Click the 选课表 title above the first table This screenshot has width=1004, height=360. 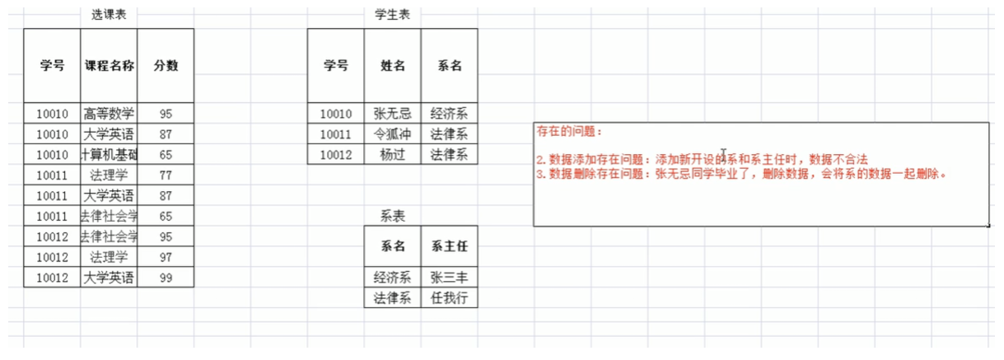108,15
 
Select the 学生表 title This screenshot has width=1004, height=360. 392,15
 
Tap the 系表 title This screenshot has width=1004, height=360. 392,216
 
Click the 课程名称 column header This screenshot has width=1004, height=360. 109,66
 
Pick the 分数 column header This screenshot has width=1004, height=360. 166,66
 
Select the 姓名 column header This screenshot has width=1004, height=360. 392,66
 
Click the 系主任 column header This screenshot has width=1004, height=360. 449,246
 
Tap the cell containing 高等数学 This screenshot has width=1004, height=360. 109,114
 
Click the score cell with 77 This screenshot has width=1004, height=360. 166,175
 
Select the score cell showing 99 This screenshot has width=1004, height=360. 166,278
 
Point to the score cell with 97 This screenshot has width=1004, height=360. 166,257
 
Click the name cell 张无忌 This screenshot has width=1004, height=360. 392,114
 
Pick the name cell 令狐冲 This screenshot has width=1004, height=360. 392,134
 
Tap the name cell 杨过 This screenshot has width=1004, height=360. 392,154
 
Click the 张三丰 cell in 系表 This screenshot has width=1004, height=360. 449,278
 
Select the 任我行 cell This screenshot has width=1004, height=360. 449,297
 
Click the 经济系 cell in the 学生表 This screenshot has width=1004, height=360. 449,114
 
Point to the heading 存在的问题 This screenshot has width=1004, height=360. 569,132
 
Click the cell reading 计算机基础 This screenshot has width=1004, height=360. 109,155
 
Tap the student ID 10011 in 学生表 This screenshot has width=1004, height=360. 336,134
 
